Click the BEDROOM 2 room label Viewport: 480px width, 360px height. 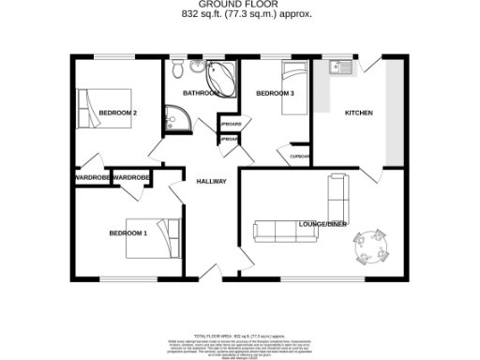click(118, 113)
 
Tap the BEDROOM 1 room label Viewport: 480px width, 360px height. click(127, 232)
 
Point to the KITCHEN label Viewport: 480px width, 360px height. click(359, 113)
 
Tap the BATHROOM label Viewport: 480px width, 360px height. click(201, 94)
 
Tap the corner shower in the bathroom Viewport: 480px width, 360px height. click(176, 117)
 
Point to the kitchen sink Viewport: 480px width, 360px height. click(339, 67)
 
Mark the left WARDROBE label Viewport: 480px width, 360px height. click(92, 177)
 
